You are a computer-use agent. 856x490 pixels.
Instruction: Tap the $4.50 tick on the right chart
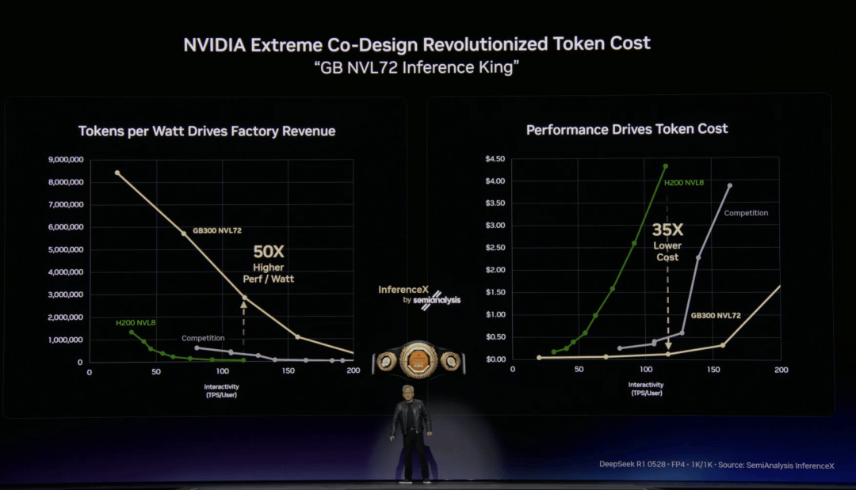point(495,159)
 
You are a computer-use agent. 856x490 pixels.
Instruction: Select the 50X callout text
point(268,252)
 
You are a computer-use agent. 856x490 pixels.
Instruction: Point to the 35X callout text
point(667,230)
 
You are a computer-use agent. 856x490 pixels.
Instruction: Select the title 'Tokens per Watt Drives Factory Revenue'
point(207,131)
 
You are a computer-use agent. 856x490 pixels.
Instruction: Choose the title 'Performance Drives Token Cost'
point(627,128)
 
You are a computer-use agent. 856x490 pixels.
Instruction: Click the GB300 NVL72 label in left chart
point(216,232)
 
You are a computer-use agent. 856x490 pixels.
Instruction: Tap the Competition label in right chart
point(746,213)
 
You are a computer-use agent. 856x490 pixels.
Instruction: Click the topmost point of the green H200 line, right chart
point(666,166)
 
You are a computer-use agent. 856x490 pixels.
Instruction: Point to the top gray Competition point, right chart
point(730,186)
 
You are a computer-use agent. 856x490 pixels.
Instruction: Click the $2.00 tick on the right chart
point(495,270)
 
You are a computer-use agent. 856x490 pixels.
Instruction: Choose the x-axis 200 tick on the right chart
point(781,370)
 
